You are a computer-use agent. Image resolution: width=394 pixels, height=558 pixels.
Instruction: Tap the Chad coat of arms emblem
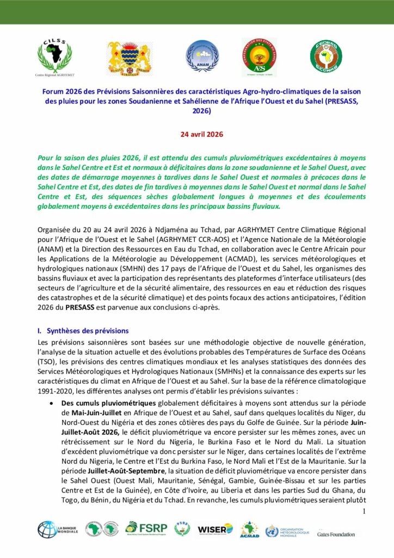tap(128, 58)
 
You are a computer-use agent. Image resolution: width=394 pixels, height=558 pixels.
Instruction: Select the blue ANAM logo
tap(202, 57)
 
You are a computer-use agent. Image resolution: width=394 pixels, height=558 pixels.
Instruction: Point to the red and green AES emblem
tap(259, 58)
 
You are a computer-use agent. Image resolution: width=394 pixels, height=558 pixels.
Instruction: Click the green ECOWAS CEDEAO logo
tap(326, 57)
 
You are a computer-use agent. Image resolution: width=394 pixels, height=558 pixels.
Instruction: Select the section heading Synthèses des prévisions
tap(87, 331)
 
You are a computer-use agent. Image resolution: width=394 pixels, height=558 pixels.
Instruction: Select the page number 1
tap(364, 511)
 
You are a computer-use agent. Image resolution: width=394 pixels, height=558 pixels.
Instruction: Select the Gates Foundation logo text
tap(336, 534)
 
